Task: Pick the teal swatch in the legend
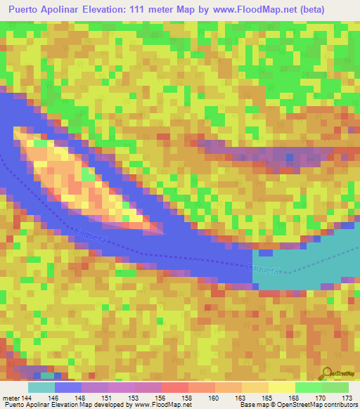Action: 41,387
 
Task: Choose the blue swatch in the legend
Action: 68,387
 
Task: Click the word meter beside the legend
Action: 11,398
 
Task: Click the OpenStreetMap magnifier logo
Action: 326,373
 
